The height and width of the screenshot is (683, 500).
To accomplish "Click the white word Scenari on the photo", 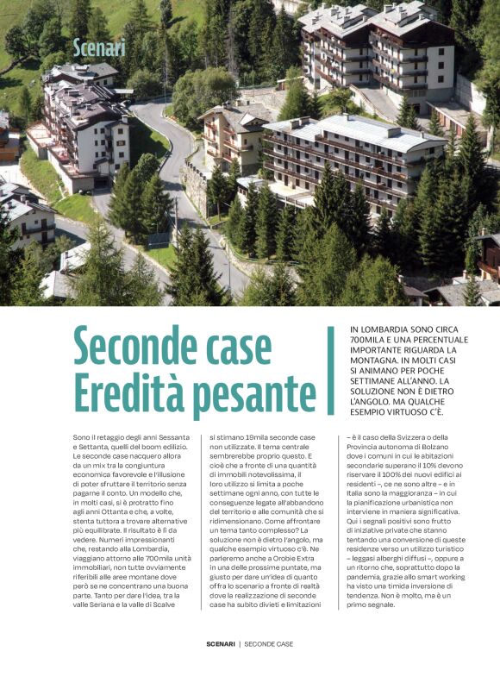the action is point(100,47).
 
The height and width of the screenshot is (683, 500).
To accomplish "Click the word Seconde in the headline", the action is point(137,346).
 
